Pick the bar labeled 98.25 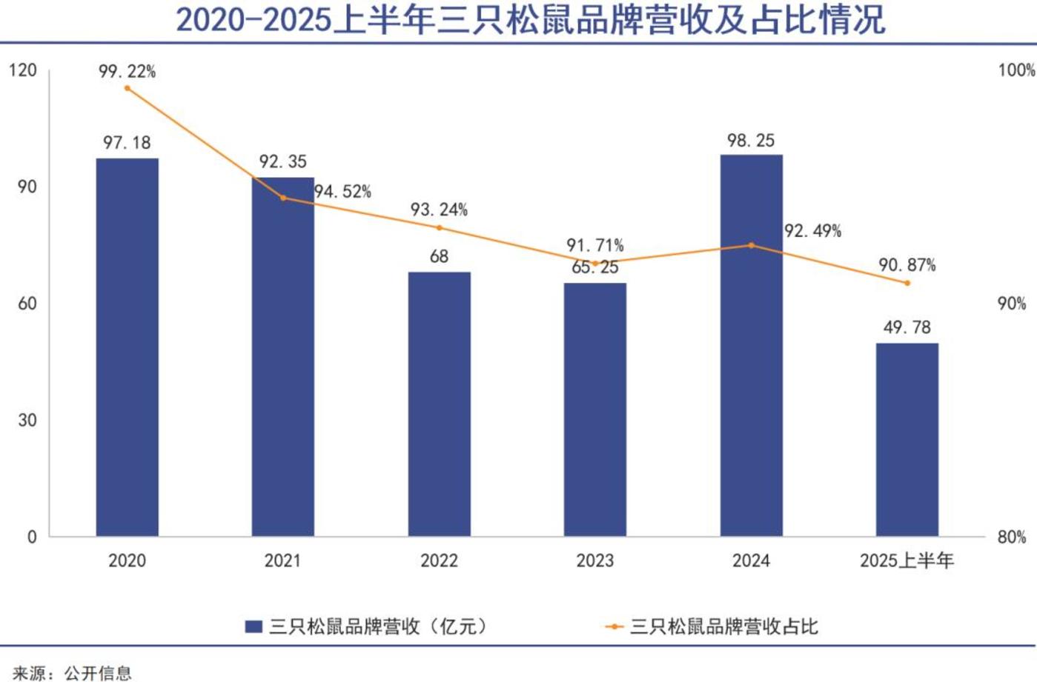tap(751, 345)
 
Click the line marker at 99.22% tap(127, 88)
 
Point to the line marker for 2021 tap(283, 198)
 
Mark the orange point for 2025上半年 tap(907, 283)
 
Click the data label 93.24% tap(439, 210)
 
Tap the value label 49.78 tap(907, 327)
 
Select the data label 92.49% tap(812, 231)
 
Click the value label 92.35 tap(282, 161)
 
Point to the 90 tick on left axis tap(27, 187)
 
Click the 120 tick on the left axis tap(23, 70)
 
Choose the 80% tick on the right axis tap(1012, 537)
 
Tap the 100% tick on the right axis tap(1016, 70)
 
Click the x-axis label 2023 tap(594, 561)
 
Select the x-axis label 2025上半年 tap(907, 561)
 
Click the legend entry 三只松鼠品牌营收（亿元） tap(368, 626)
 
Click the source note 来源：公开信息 tap(72, 672)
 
